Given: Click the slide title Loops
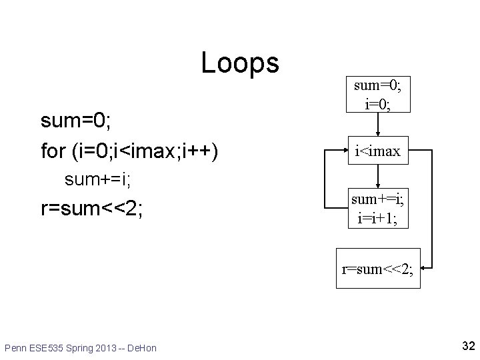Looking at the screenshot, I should (240, 63).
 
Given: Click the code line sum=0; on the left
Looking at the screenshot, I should (75, 121).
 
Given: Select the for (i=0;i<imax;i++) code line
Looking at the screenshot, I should (131, 151).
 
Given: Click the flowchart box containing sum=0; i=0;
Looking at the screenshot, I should (377, 93).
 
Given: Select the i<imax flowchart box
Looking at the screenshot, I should (377, 151).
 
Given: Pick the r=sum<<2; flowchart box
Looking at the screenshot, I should (378, 269).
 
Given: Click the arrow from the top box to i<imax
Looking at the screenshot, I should (378, 124).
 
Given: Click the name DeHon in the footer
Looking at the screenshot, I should (144, 348).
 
